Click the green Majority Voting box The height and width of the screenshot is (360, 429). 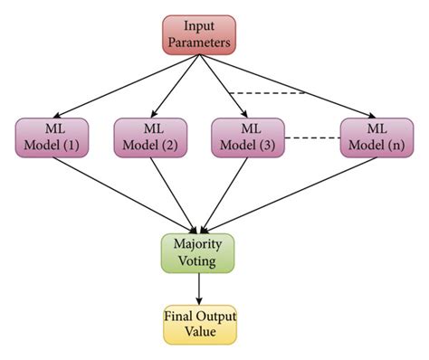(198, 252)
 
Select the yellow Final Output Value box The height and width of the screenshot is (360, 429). (198, 324)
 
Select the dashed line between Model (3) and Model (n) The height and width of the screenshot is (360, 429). (312, 137)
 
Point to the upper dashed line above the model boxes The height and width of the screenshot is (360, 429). (267, 92)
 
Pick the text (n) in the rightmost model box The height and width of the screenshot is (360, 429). (390, 145)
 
